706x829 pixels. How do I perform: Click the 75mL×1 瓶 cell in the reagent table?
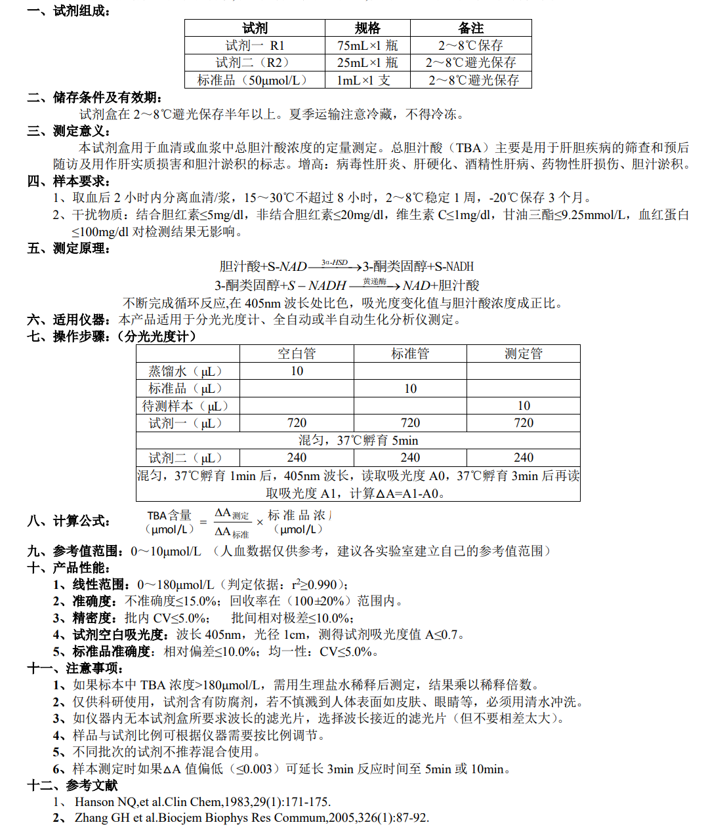click(x=367, y=45)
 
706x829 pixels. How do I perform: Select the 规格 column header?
click(x=367, y=28)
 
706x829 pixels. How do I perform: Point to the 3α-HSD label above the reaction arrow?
click(x=335, y=262)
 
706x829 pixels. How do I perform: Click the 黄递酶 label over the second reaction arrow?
click(x=374, y=281)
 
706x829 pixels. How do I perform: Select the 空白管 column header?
click(x=297, y=354)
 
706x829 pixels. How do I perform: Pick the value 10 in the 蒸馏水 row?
click(x=297, y=371)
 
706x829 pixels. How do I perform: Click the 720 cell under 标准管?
click(x=410, y=423)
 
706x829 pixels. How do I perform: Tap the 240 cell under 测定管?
click(x=524, y=458)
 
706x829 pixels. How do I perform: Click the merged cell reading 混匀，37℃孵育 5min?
click(x=358, y=440)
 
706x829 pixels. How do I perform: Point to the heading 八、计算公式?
click(x=69, y=521)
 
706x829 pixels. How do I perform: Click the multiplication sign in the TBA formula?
click(x=260, y=523)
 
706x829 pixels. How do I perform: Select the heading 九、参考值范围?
click(x=75, y=551)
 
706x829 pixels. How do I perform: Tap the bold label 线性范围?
click(x=98, y=584)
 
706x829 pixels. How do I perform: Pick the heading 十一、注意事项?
click(x=75, y=668)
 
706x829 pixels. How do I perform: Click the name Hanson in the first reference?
click(x=94, y=801)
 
